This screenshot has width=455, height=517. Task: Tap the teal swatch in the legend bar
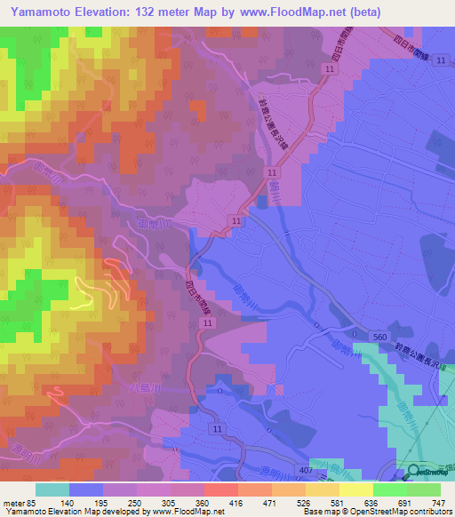point(52,489)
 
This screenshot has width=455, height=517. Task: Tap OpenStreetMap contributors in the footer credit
point(400,512)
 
